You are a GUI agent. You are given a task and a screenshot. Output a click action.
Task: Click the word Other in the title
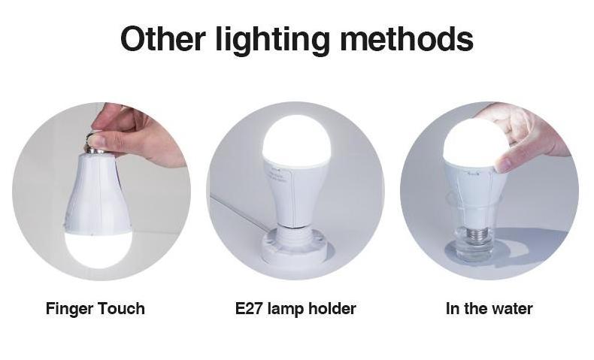163,38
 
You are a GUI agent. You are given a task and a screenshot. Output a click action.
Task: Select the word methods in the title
407,38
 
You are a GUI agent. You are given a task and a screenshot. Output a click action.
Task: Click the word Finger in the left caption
68,309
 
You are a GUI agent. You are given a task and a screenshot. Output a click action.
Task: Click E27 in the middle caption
249,308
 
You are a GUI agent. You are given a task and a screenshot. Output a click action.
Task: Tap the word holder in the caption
332,308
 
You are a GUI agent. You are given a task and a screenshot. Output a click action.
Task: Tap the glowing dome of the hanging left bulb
98,250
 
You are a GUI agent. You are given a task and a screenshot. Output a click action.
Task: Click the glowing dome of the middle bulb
296,141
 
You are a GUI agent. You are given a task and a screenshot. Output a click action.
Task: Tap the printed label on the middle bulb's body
277,174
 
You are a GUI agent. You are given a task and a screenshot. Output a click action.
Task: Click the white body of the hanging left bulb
98,194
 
